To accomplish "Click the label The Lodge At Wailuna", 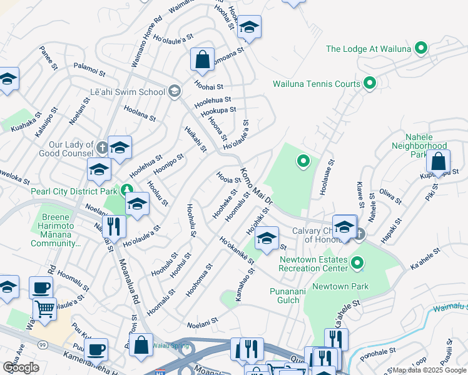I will (x=368, y=49).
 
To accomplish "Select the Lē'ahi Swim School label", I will (x=127, y=92).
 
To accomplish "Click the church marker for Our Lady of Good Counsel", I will (x=103, y=148).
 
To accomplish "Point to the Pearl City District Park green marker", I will (x=127, y=189).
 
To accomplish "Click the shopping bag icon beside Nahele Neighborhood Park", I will (x=439, y=161).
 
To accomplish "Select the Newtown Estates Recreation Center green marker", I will (x=357, y=264).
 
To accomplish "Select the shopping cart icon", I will (x=44, y=307).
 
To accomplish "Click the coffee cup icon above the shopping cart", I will (x=41, y=287).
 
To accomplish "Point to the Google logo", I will (x=21, y=367).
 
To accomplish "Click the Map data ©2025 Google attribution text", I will (x=430, y=370).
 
